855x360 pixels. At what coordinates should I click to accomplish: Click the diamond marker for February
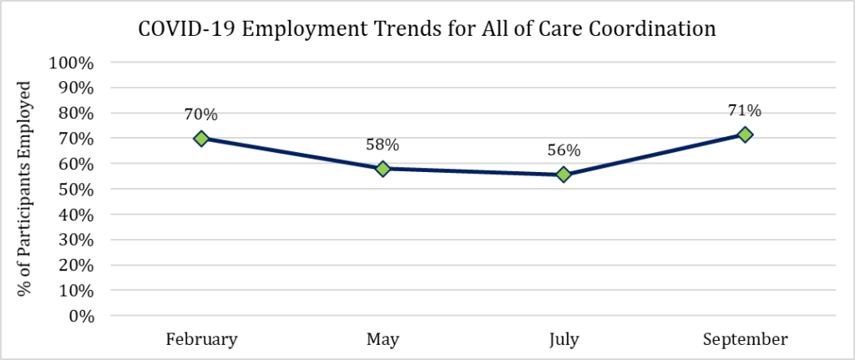pos(201,138)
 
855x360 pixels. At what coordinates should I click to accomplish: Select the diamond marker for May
pos(382,169)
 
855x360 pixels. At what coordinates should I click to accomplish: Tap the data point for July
pos(564,174)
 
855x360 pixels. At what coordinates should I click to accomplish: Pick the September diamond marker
pos(745,134)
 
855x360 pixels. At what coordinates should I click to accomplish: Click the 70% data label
pos(201,114)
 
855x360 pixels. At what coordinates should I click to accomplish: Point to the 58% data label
pos(382,145)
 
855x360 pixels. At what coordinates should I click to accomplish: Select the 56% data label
pos(564,150)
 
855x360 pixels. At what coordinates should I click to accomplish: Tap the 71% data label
pos(745,110)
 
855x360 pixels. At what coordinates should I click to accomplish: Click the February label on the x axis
pos(201,339)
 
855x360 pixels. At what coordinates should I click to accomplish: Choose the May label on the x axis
pos(382,339)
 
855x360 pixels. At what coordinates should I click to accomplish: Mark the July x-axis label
pos(564,339)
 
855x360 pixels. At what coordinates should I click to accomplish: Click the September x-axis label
pos(745,339)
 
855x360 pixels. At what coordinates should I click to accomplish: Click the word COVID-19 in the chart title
pos(178,29)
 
